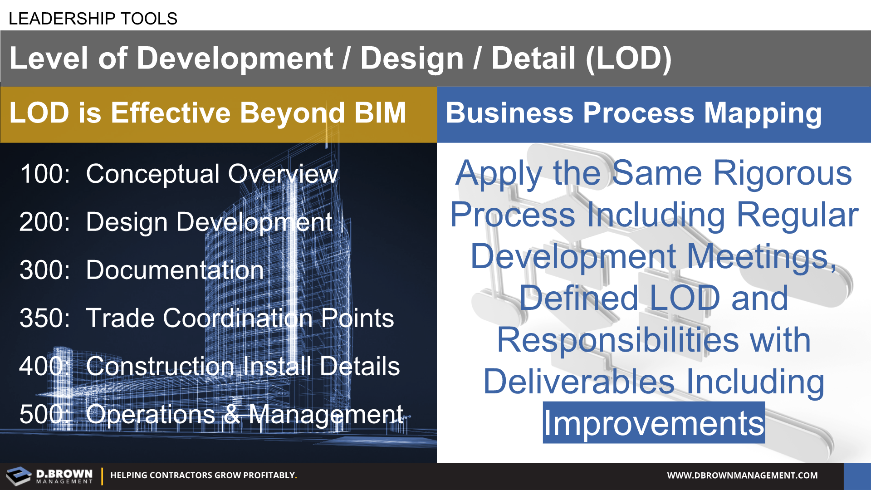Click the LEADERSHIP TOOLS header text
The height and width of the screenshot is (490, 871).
[93, 19]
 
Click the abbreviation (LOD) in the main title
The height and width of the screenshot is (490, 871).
[629, 59]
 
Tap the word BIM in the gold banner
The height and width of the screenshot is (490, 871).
[380, 113]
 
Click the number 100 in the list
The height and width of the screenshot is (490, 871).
[45, 174]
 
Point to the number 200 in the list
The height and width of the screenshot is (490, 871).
[44, 222]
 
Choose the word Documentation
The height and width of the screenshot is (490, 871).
[175, 270]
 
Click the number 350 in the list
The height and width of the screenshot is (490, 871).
[44, 318]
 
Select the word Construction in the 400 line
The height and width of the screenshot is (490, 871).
[160, 366]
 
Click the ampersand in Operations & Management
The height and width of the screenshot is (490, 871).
[232, 414]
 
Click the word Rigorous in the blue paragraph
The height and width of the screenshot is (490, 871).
[783, 173]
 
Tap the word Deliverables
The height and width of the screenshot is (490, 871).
[579, 382]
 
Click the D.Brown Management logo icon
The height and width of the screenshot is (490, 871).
[19, 476]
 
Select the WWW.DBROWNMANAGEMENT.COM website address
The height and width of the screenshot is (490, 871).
[742, 475]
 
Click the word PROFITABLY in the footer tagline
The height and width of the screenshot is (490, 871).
[269, 475]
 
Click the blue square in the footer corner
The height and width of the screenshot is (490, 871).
[857, 476]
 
